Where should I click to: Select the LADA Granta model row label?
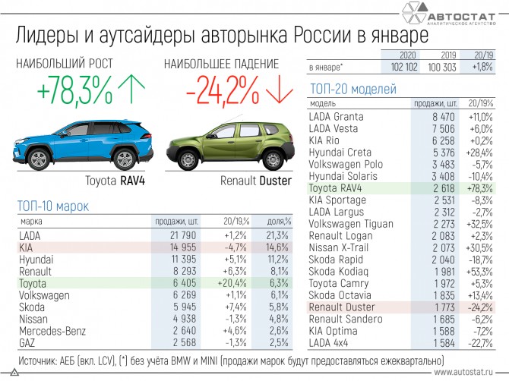[337, 117]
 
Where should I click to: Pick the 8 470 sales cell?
[443, 117]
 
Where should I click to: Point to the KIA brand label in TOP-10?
[26, 247]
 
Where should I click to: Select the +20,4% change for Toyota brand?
[234, 282]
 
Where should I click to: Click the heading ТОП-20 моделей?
[353, 90]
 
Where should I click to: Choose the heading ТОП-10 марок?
[53, 206]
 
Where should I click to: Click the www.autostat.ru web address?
[466, 373]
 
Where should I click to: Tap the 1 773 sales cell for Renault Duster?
[444, 307]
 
